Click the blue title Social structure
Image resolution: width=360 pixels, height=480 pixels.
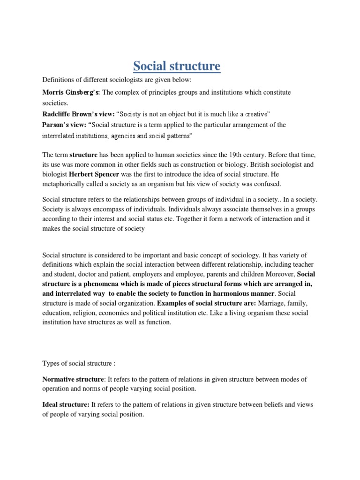pos(176,66)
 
